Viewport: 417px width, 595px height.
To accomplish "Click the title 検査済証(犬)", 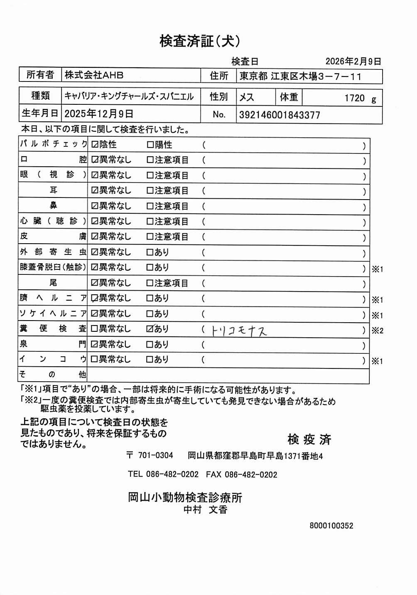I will point(200,41).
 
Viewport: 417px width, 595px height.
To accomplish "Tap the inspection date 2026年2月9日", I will point(353,62).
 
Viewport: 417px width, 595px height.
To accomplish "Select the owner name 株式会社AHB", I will point(94,75).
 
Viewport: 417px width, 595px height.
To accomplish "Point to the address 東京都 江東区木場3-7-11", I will point(300,77).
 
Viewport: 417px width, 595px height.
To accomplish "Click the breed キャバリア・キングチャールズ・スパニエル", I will point(129,96).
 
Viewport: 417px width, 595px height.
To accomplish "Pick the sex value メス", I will point(246,97).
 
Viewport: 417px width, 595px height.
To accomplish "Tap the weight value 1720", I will point(354,98).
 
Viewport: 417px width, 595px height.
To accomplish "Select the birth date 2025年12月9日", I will point(99,114).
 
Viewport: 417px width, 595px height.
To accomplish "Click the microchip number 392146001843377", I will point(280,115).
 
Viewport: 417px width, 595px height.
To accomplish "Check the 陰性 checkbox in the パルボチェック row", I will point(95,145).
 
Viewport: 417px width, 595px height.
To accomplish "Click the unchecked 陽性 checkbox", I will point(150,145).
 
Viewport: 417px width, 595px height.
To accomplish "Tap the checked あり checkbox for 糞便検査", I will point(150,329).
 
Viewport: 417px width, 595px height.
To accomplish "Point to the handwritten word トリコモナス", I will point(239,331).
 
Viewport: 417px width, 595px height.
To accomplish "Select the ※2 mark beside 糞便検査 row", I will point(377,331).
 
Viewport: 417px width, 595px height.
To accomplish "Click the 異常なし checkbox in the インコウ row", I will point(94,359).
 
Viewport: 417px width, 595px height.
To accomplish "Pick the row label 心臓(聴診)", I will point(53,221).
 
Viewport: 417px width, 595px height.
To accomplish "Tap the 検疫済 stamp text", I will point(309,439).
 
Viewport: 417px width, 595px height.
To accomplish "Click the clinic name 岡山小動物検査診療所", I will point(185,497).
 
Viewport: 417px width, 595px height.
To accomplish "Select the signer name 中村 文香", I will point(206,509).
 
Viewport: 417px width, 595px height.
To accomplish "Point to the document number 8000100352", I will point(331,526).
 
